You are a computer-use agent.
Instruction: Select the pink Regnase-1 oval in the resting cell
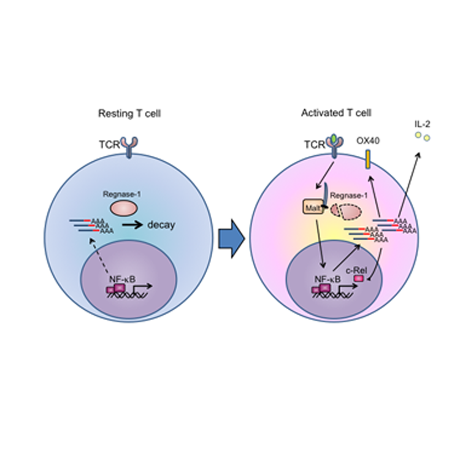tap(125, 207)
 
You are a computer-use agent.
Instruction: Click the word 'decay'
tap(162, 224)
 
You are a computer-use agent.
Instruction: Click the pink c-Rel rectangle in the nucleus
tap(358, 279)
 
